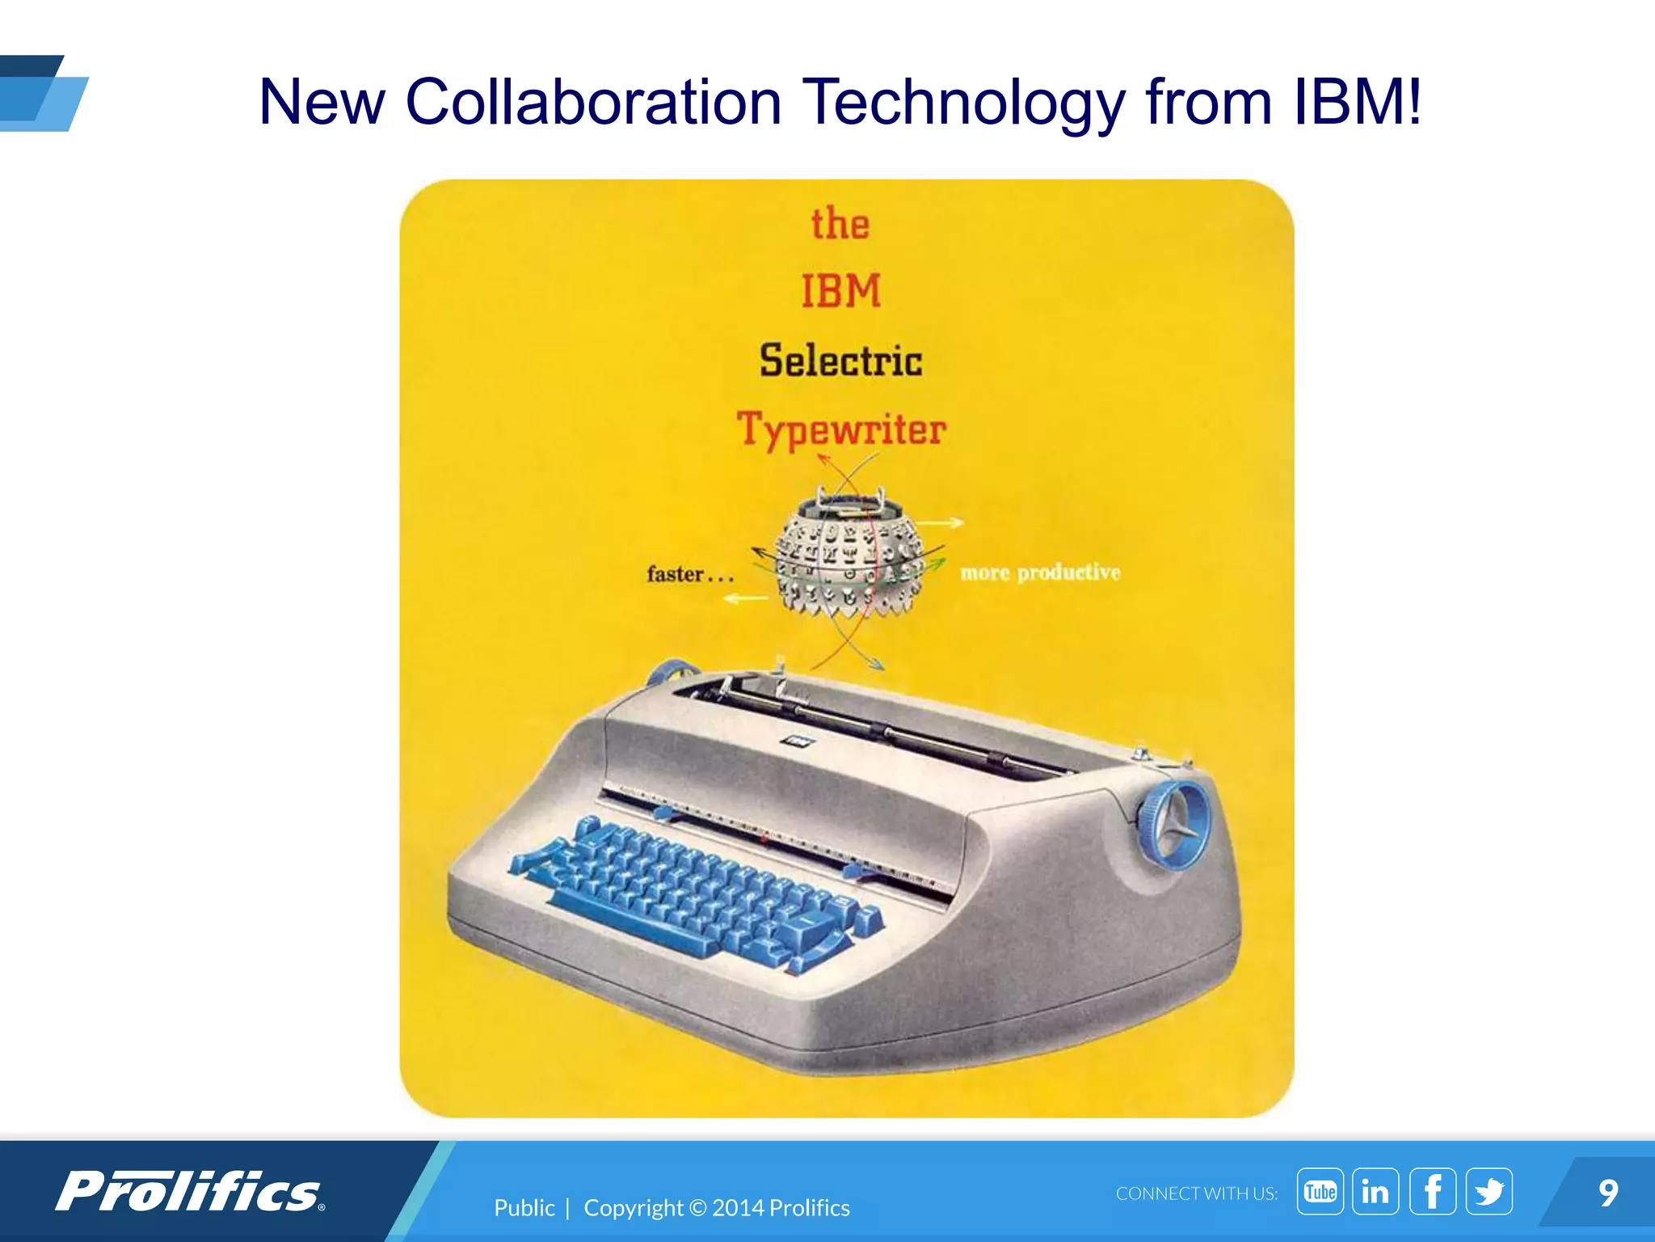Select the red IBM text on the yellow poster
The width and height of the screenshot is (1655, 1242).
840,291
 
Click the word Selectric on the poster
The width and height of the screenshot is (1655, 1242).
840,361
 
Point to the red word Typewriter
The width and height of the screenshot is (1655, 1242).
841,429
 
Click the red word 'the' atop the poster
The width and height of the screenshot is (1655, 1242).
840,224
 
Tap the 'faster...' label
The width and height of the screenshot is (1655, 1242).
689,574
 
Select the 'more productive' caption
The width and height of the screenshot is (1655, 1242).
1040,572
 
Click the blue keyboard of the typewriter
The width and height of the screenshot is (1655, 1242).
695,889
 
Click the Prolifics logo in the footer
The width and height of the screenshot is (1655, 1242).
190,1192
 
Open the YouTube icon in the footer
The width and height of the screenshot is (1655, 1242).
1320,1191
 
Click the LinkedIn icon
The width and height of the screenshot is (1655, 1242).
1375,1191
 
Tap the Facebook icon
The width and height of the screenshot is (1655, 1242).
1433,1191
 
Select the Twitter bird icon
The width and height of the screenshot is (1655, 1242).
1489,1191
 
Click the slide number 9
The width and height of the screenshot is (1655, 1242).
1608,1193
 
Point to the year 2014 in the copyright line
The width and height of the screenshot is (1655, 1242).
737,1207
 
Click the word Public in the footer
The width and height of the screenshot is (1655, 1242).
524,1207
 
